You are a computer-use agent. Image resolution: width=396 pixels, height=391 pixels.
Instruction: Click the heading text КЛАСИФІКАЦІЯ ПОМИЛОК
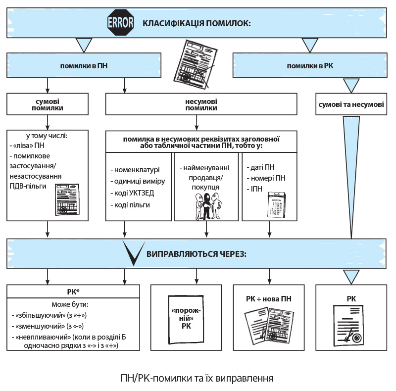tap(197, 23)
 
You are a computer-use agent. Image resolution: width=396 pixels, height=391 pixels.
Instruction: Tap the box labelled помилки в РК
tap(310, 65)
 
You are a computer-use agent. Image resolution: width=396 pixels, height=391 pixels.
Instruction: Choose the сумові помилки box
tap(47, 104)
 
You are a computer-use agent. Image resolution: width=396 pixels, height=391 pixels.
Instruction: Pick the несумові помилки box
tap(201, 104)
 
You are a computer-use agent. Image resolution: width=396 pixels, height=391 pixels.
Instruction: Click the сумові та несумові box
tap(351, 104)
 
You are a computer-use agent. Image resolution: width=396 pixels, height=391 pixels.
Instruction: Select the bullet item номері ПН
tap(268, 178)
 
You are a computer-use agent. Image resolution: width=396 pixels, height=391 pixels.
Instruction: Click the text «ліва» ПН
tap(31, 147)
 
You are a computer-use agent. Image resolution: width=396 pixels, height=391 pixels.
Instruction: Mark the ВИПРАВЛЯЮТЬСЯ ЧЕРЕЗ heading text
tap(197, 254)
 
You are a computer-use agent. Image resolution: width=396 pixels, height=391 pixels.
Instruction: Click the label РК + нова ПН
tap(268, 299)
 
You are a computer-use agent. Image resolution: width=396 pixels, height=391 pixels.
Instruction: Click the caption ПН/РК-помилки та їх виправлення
tap(197, 379)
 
